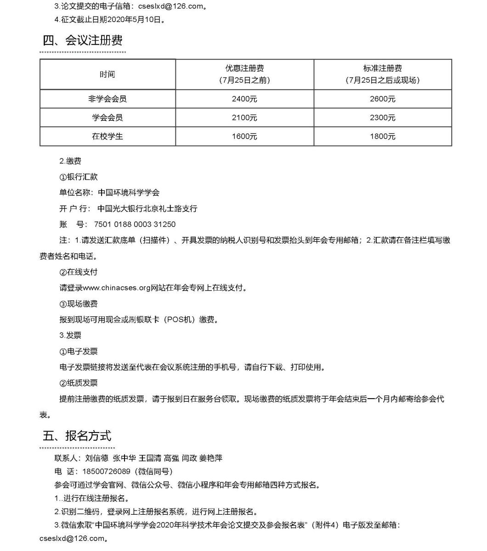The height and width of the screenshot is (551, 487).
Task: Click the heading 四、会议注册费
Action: coord(83,40)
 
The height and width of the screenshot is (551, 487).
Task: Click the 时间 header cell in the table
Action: coord(108,74)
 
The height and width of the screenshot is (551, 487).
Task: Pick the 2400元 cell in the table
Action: coord(244,99)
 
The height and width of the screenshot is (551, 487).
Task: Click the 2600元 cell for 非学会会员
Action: coord(382,99)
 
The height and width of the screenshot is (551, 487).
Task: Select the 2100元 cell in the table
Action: coord(244,118)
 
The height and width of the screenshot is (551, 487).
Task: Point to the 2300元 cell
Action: coord(382,118)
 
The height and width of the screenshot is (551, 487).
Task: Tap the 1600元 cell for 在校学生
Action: coord(244,137)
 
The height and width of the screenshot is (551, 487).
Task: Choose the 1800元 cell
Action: coord(382,137)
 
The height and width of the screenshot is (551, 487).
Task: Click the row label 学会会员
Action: coord(108,118)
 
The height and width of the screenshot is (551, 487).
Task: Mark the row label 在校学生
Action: coord(108,137)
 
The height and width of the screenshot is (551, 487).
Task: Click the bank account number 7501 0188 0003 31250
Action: coord(135,225)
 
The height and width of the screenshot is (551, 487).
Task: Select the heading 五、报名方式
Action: coord(77,435)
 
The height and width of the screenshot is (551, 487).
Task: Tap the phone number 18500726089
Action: coord(106,472)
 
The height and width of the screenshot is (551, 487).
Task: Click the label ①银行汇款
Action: coord(79,177)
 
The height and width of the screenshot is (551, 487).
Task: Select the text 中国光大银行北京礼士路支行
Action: coord(147,208)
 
